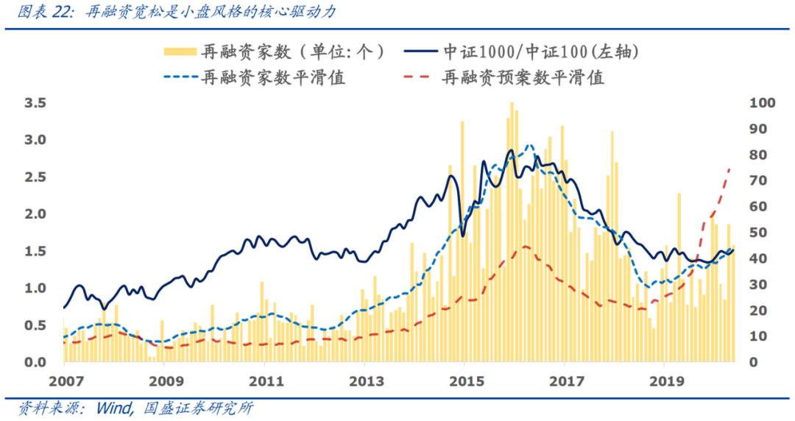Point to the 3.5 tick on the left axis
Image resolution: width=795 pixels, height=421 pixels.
[35, 103]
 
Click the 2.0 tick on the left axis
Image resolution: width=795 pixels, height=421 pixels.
[35, 214]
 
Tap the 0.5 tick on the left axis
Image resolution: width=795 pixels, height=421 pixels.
[35, 325]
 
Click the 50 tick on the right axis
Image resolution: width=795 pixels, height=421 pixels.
[757, 233]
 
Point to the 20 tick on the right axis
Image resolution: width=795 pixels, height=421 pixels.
[757, 311]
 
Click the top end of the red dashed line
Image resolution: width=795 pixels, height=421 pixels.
[729, 169]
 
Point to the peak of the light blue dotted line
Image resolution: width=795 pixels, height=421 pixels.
[529, 145]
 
